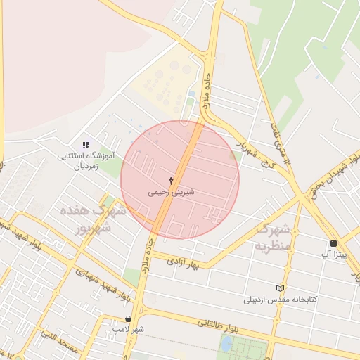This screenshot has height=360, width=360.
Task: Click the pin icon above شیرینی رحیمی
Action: coord(171,181)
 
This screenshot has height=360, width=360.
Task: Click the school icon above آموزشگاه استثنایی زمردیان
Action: coord(86,145)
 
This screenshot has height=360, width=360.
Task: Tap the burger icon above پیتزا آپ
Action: coord(333,244)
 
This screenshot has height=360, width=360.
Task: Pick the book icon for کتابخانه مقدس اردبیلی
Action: coord(281,289)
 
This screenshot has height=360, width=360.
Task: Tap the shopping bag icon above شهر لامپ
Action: coord(127,319)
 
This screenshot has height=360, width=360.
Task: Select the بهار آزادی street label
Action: coord(184,262)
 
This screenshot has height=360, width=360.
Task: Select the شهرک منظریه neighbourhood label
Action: coord(273,238)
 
